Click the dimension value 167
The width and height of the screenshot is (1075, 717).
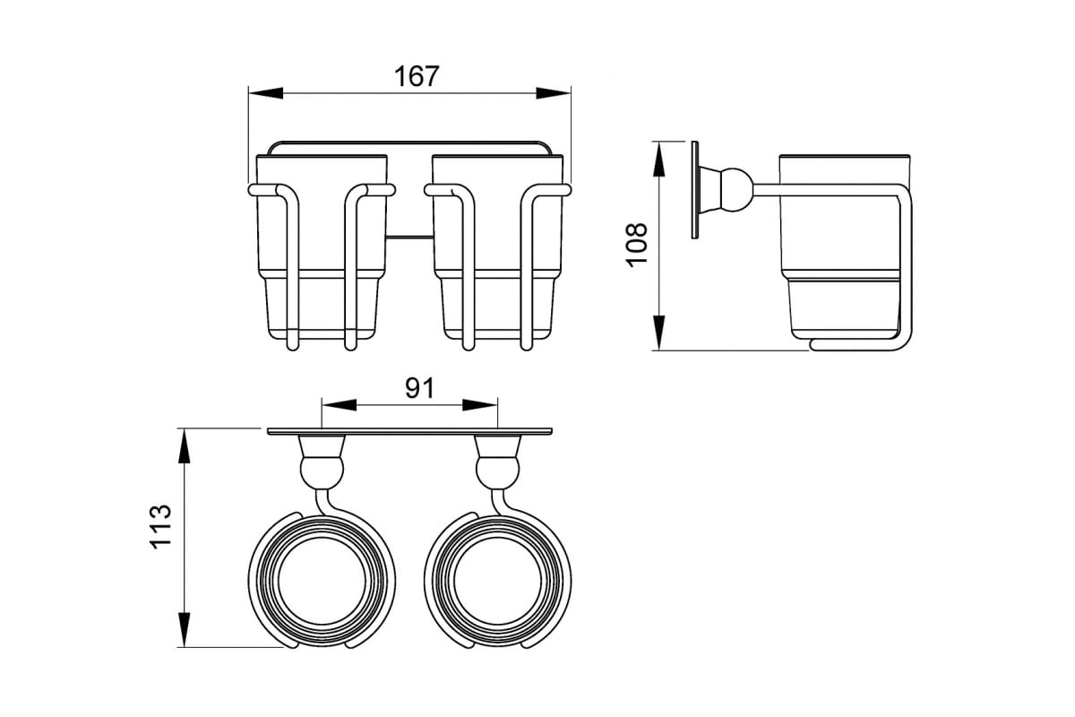tap(417, 76)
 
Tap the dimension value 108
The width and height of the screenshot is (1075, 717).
tap(637, 244)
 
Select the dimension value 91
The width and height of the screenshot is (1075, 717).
tap(420, 388)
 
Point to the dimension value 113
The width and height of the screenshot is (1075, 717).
tap(160, 526)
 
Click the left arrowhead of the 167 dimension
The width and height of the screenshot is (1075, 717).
tap(265, 93)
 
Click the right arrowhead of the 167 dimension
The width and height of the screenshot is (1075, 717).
tap(554, 93)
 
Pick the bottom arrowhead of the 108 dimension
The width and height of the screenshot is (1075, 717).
tap(659, 333)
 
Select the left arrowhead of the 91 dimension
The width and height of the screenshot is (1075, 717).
tap(340, 405)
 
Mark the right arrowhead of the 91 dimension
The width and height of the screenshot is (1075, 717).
tap(480, 405)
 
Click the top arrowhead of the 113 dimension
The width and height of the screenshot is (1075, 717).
tap(185, 445)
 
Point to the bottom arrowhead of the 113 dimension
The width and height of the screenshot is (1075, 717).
tap(185, 629)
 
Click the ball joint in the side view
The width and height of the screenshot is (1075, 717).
tap(735, 190)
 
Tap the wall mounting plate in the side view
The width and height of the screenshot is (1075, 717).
tap(695, 190)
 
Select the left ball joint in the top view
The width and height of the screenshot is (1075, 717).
tap(322, 471)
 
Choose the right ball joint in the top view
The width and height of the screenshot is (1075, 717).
tap(498, 471)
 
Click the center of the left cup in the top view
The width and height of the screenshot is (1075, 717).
tap(322, 581)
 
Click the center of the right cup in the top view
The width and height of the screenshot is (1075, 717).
tap(498, 581)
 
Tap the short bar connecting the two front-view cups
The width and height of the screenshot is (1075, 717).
tap(409, 237)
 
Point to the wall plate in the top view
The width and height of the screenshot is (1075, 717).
tap(409, 431)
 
